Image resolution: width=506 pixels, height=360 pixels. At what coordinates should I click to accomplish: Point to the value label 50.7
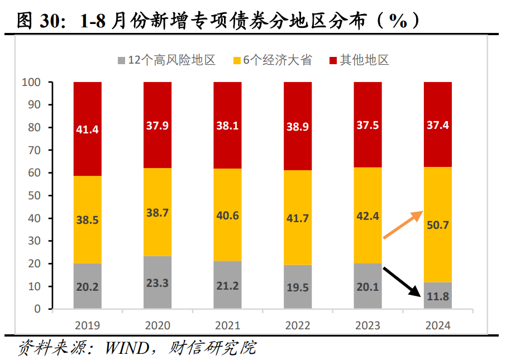click(437, 225)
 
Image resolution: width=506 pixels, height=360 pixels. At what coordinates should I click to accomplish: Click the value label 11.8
click(437, 296)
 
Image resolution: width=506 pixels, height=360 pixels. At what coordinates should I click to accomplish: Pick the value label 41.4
click(88, 129)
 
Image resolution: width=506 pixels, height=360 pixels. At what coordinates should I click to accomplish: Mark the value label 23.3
click(157, 282)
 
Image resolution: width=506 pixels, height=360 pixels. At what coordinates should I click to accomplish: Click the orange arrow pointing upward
click(403, 225)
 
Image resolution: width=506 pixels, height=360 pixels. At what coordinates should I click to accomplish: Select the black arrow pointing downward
click(402, 281)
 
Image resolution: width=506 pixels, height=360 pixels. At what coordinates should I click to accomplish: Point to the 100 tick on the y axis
click(31, 82)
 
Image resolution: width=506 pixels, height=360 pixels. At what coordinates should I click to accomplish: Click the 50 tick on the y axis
click(34, 195)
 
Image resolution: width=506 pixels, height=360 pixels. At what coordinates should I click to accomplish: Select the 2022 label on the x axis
click(298, 325)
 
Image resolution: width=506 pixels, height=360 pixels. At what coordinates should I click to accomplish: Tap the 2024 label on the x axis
click(437, 325)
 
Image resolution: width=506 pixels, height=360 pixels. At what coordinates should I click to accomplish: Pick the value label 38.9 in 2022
click(298, 127)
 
